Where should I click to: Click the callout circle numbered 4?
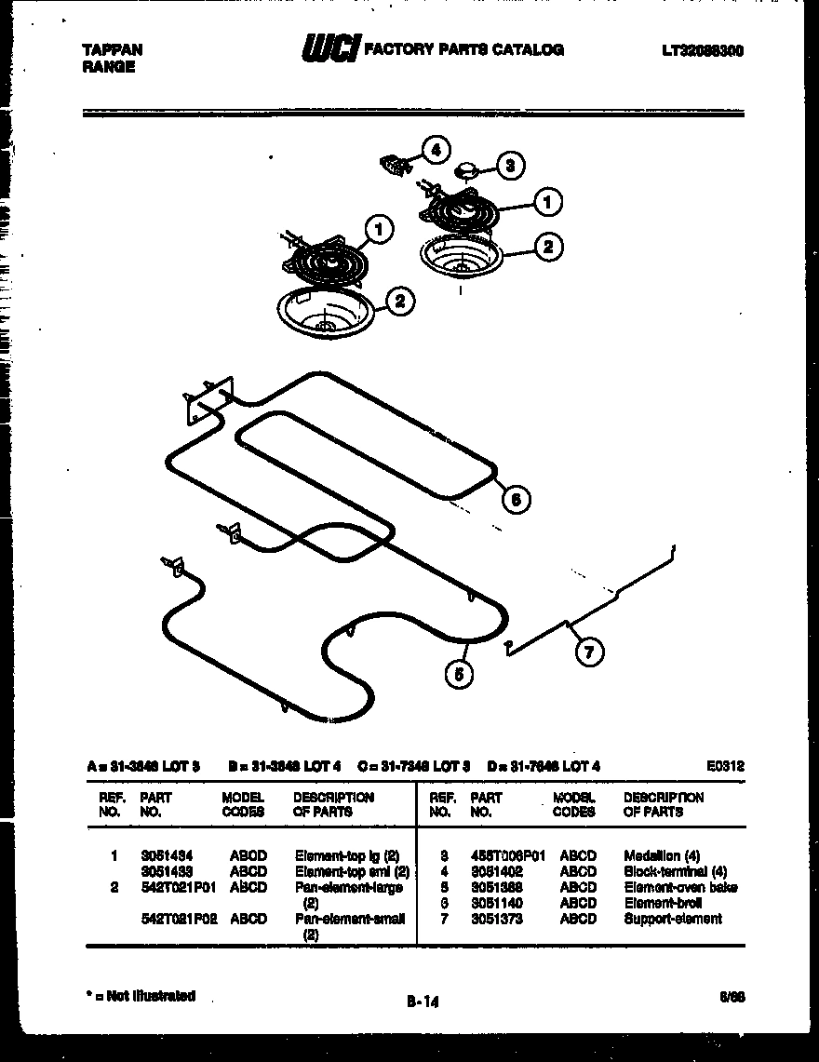434,150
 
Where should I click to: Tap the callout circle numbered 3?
508,167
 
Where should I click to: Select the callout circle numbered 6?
517,499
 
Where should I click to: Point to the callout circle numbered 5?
458,674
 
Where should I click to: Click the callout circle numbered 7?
587,652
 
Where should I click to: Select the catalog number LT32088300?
703,51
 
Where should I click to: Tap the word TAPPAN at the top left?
108,51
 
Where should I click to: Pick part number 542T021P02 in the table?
178,919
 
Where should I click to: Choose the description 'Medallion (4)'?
662,854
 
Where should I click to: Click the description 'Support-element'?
672,919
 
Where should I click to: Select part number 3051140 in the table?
497,903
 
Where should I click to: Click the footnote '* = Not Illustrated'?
140,996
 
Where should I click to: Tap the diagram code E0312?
726,766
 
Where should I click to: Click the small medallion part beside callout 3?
468,170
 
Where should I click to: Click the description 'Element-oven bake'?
680,887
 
